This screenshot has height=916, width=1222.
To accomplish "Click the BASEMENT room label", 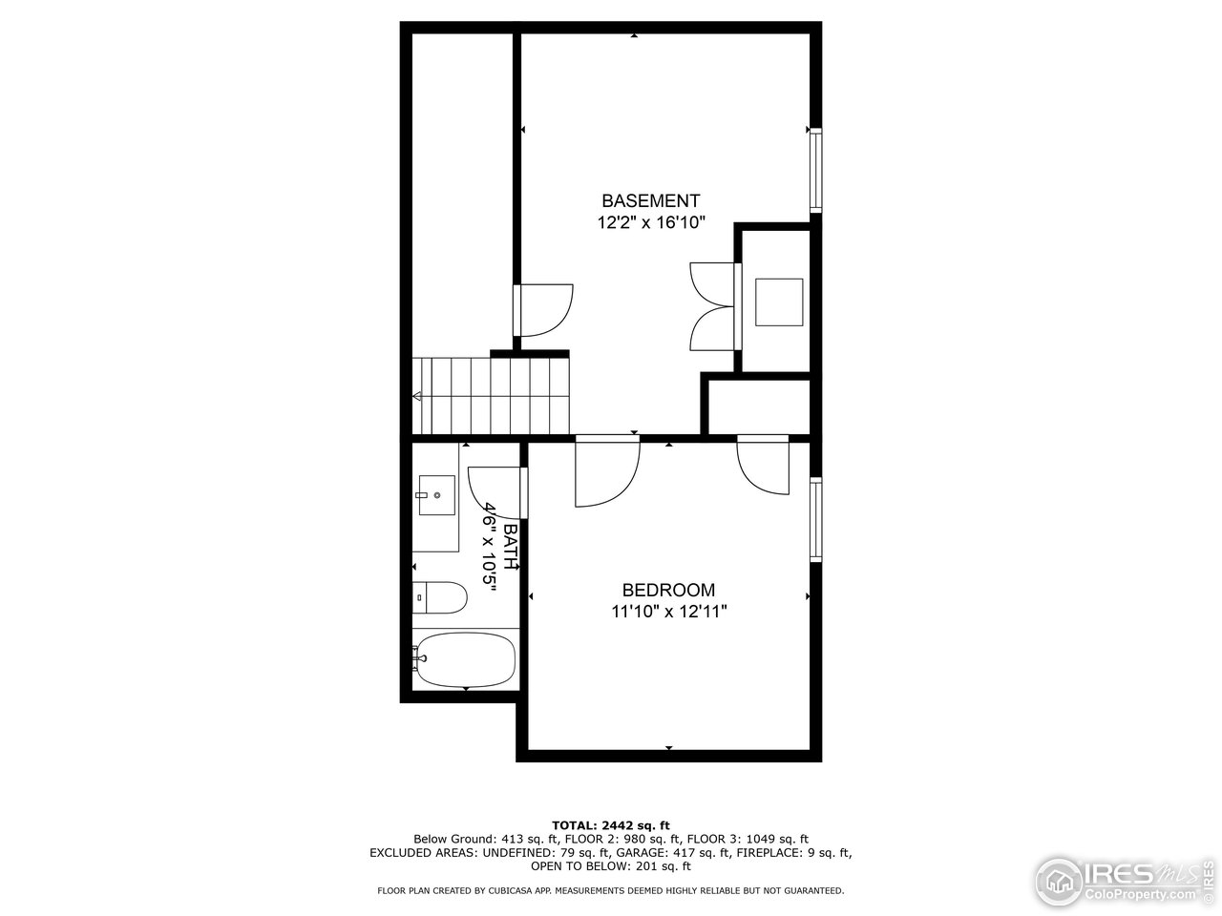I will coord(650,201).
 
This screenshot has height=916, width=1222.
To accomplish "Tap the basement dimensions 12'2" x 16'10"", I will coord(650,223).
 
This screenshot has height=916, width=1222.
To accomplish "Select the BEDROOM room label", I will coord(668,591).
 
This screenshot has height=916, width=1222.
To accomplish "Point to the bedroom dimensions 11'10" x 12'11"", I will coord(669,612).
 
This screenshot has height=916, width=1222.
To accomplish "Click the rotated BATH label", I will coord(511,547).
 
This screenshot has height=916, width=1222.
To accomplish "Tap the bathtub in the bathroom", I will coord(465,659).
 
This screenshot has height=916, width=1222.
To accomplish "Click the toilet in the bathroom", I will coord(440,598).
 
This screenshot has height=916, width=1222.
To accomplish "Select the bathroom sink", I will coord(436,496).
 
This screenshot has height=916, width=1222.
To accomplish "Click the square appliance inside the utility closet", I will coord(779,302).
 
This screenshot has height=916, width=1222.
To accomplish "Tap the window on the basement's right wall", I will coord(815,171).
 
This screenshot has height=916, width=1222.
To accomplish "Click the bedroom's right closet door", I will coord(764,465).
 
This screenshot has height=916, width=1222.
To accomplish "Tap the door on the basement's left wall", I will coord(544,310).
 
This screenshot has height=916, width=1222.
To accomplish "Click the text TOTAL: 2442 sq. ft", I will coord(611,825).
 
